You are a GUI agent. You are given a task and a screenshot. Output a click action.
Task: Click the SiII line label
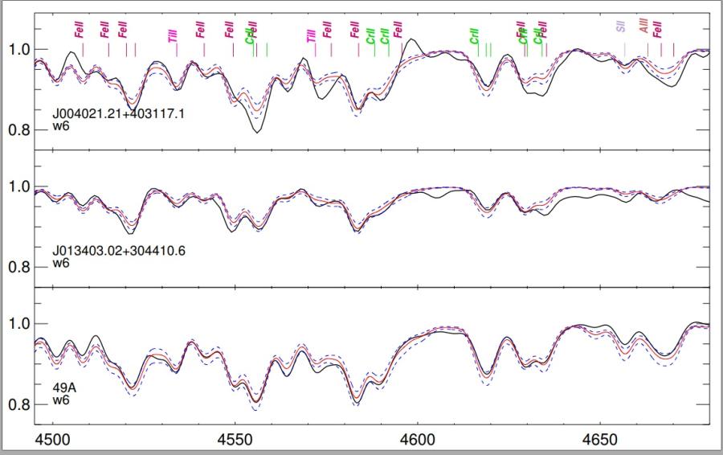click(x=620, y=25)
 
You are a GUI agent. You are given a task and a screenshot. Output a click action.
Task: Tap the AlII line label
click(x=643, y=25)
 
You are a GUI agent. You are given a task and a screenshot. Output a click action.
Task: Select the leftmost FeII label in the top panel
click(x=78, y=30)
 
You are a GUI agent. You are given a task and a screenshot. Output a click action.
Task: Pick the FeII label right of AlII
click(x=658, y=30)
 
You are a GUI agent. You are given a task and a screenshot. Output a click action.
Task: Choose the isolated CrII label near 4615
click(x=475, y=35)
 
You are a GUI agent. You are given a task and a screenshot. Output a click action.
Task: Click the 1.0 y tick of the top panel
click(x=18, y=50)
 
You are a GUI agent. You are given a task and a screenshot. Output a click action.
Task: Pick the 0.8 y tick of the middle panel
click(x=18, y=268)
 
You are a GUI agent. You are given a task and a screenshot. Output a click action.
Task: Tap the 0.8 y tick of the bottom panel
click(x=18, y=404)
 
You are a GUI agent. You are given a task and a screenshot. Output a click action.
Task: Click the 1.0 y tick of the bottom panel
click(x=18, y=324)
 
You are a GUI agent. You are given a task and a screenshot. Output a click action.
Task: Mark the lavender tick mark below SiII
click(x=624, y=49)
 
